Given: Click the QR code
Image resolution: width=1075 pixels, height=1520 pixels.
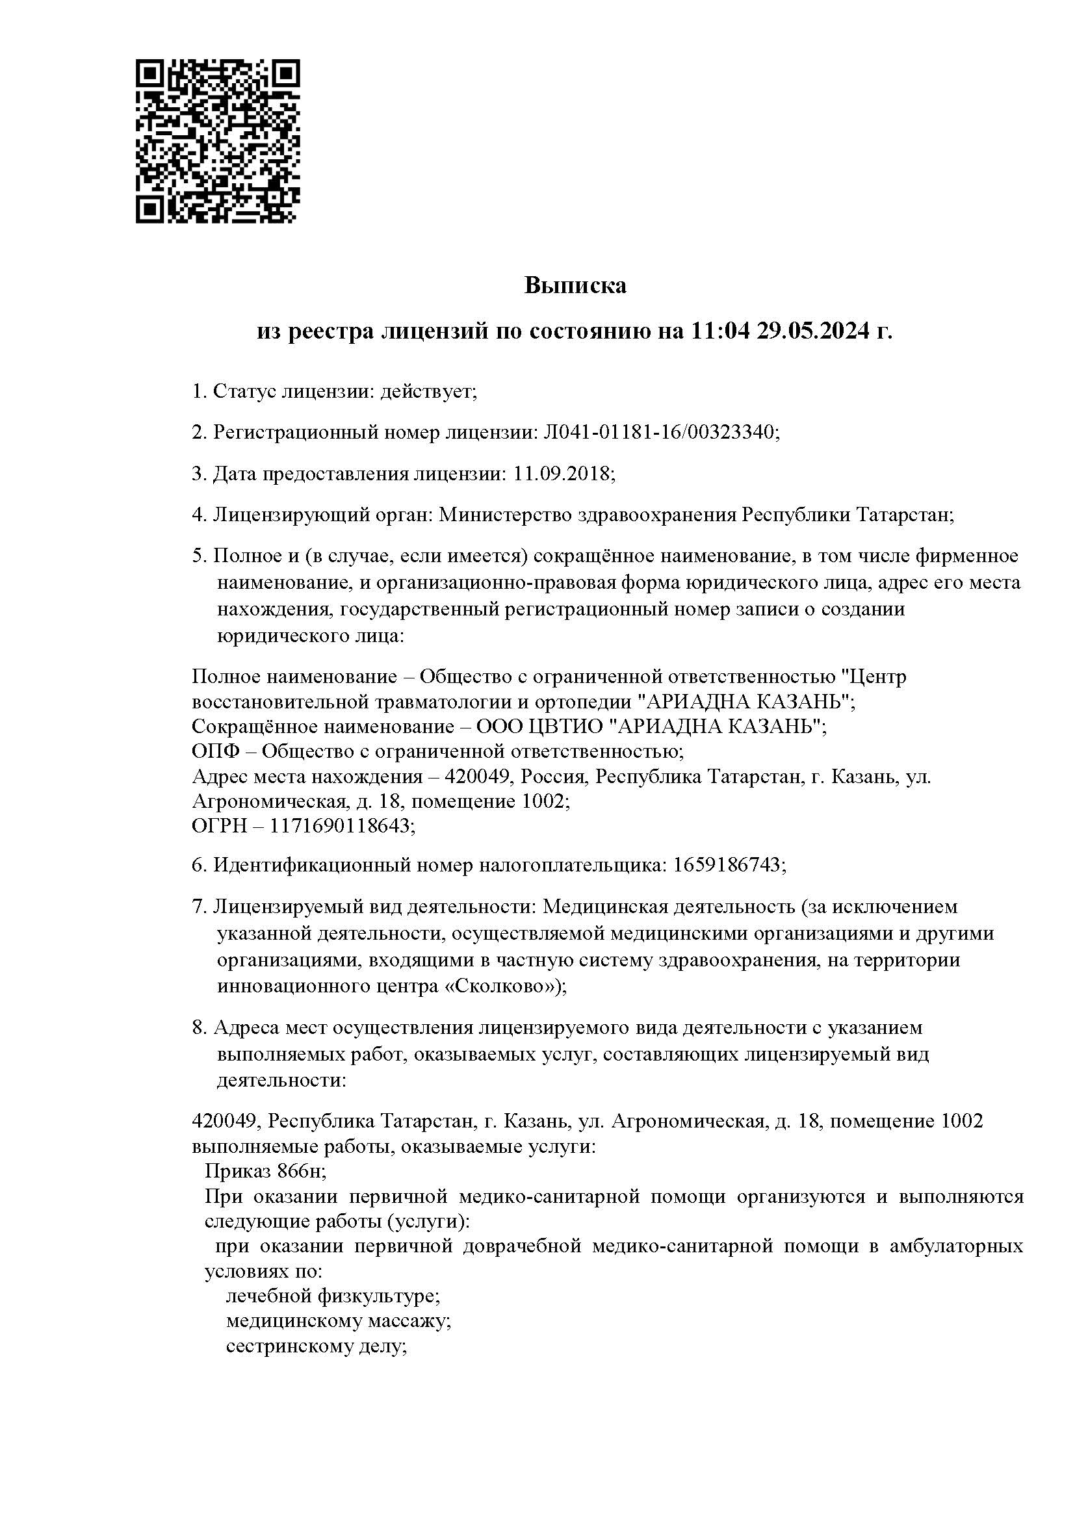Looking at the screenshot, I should click(218, 141).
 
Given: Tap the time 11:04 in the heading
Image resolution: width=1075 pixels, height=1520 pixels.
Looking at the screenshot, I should click(719, 331).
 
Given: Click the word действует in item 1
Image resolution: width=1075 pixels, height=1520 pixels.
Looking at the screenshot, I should click(428, 391).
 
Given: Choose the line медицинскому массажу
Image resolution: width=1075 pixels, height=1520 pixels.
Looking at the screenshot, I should click(338, 1320).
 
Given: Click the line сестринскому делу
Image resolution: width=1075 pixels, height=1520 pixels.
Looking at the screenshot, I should click(316, 1346).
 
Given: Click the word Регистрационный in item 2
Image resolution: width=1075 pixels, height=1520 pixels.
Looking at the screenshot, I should click(296, 432).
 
